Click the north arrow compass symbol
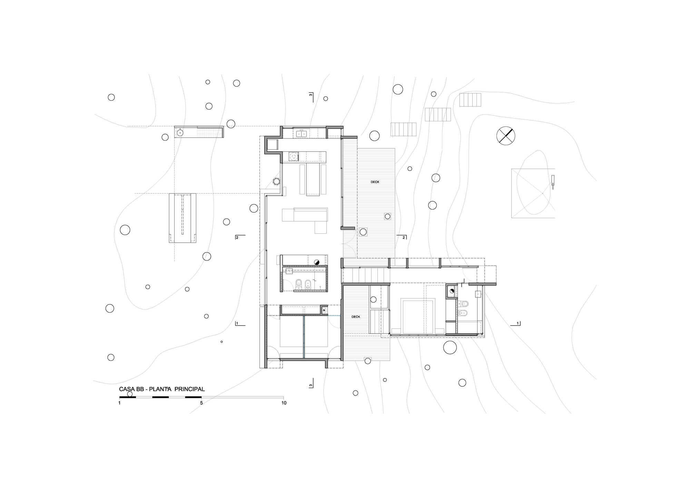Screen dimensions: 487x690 tap(505, 136)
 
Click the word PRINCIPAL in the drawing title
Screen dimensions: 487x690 tap(189, 389)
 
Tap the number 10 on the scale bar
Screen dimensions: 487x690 tap(284, 403)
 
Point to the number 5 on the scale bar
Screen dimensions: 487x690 tap(201, 403)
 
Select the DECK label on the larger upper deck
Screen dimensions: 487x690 tap(375, 182)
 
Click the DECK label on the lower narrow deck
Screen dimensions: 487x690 tap(356, 317)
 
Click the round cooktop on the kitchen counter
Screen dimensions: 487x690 tap(294, 156)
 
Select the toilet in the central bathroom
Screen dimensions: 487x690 tap(299, 284)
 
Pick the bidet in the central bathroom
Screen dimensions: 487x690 tap(309, 284)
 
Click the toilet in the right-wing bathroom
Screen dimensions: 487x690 tap(464, 304)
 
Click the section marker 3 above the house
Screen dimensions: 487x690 tap(311, 95)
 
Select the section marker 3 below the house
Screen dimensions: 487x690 tap(311, 385)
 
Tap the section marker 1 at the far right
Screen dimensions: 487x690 tap(517, 323)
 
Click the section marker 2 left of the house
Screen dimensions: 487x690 tap(237, 237)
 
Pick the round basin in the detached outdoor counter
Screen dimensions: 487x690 tap(180, 132)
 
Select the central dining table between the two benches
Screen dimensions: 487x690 tap(313, 179)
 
